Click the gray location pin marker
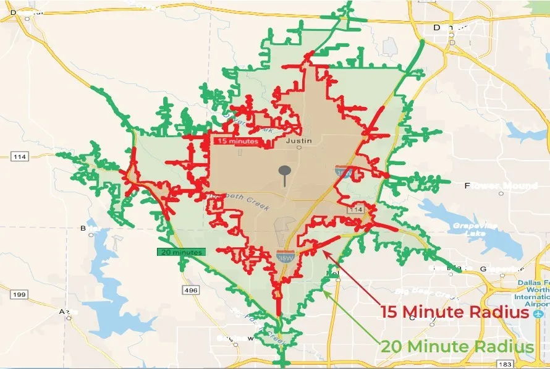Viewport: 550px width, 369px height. pyautogui.click(x=284, y=174)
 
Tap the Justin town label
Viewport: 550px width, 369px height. pyautogui.click(x=300, y=141)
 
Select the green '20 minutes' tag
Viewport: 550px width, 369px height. pyautogui.click(x=179, y=252)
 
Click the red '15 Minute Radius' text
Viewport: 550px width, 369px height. pyautogui.click(x=454, y=312)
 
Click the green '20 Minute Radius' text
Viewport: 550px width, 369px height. pyautogui.click(x=457, y=347)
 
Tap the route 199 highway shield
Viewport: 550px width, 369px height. pyautogui.click(x=19, y=294)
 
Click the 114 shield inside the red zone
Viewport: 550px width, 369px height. pyautogui.click(x=354, y=210)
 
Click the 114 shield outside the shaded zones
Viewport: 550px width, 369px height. pyautogui.click(x=19, y=157)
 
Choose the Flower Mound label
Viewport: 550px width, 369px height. pyautogui.click(x=501, y=186)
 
